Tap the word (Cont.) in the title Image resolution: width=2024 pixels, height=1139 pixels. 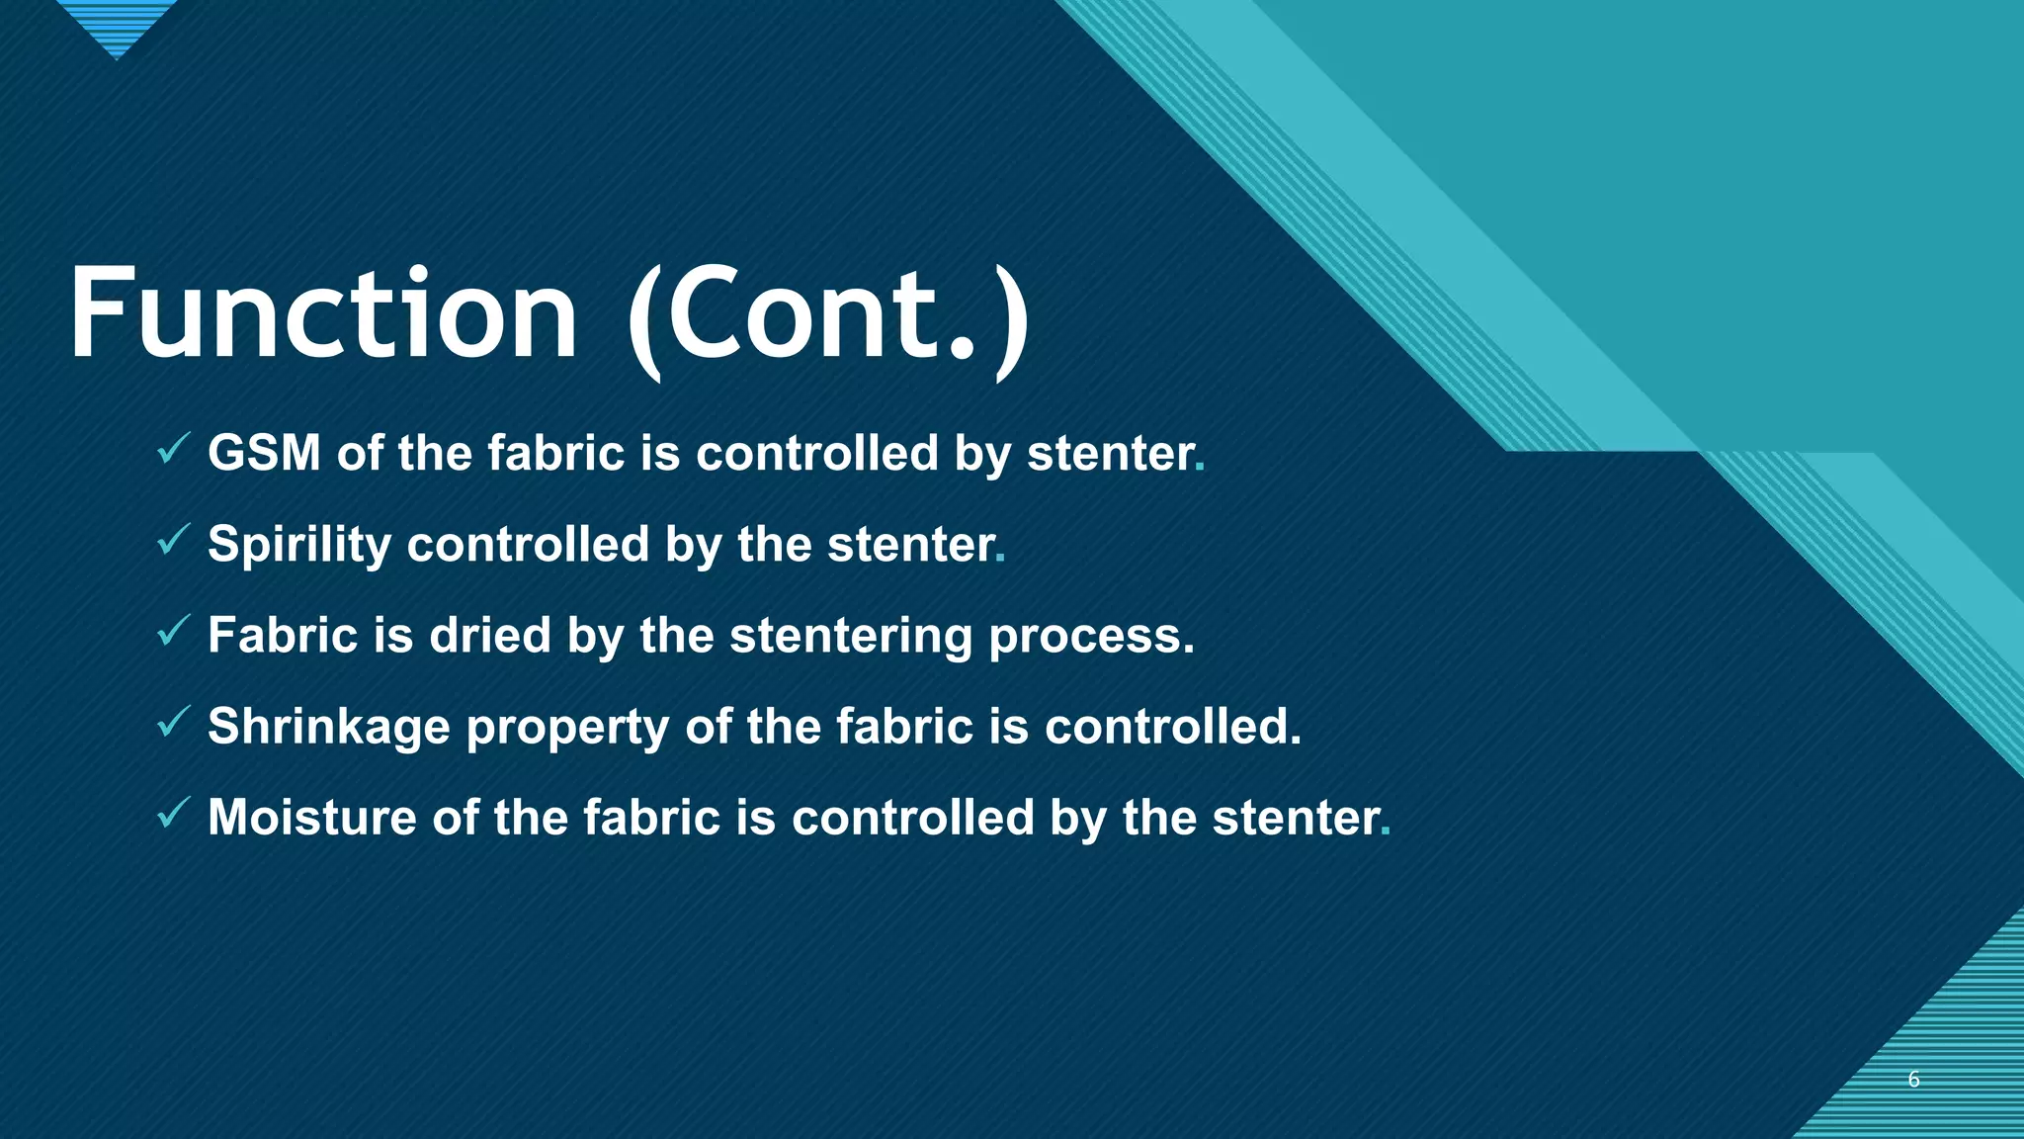tap(828, 316)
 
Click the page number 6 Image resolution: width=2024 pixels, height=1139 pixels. tap(1913, 1079)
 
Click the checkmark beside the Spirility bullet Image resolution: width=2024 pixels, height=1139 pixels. tap(173, 541)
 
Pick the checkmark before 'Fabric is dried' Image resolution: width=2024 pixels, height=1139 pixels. tap(173, 632)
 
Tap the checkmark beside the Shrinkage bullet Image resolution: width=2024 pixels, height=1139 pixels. tap(173, 723)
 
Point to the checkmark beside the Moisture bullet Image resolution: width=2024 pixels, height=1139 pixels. tap(173, 814)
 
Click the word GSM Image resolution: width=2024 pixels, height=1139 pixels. tap(264, 454)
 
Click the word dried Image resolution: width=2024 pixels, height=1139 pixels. tap(489, 636)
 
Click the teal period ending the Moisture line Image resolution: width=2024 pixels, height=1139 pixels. tap(1386, 832)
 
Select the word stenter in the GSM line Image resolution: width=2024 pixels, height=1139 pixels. tap(1110, 454)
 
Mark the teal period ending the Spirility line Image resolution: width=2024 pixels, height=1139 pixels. tap(1000, 560)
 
